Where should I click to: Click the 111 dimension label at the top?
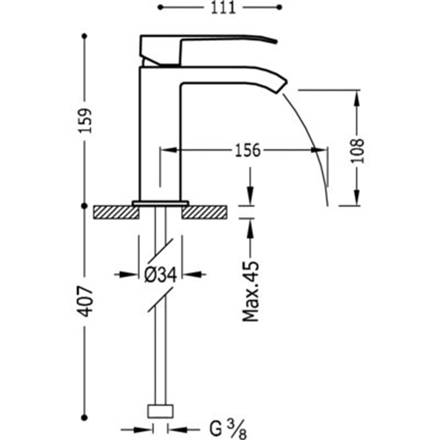click(223, 8)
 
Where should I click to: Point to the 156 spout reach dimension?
click(248, 150)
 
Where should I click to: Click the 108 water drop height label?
click(358, 151)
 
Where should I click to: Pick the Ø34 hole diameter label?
click(161, 274)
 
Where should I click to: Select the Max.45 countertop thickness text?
click(251, 291)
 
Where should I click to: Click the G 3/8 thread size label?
click(228, 429)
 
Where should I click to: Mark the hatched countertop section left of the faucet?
click(117, 212)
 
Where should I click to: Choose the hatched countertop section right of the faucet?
click(204, 212)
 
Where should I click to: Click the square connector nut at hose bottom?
click(160, 411)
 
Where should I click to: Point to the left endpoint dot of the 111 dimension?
click(160, 7)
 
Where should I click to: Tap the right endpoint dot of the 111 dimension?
click(279, 7)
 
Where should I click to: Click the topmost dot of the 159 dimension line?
click(85, 36)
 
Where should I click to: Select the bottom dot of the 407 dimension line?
click(85, 418)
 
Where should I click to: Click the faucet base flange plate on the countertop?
click(161, 203)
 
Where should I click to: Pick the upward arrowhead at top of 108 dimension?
click(356, 98)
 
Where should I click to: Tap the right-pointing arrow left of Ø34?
click(128, 274)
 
